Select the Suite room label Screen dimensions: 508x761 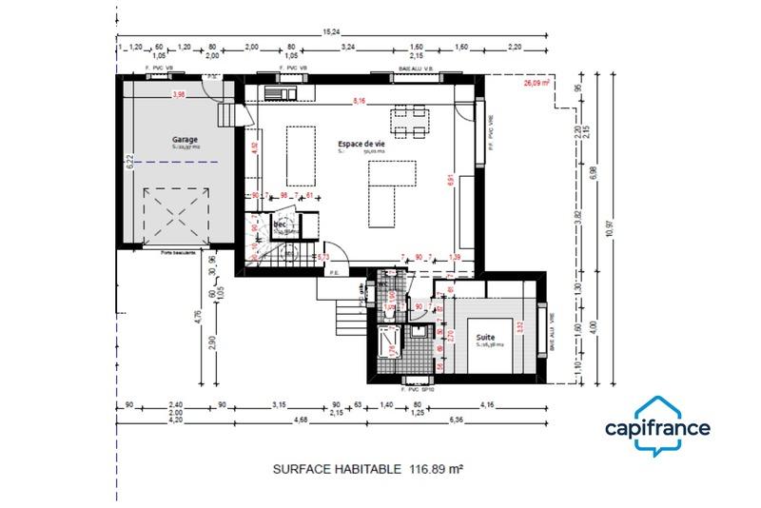(x=485, y=337)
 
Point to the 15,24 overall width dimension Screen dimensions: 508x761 (x=331, y=31)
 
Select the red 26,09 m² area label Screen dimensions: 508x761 (x=537, y=83)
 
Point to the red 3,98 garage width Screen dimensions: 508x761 (x=178, y=94)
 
